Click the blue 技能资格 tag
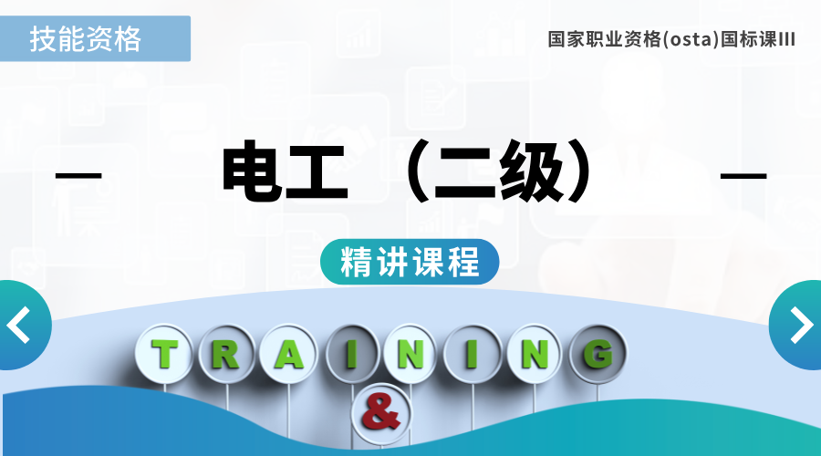95,38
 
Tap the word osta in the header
691,40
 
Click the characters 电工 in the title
285,171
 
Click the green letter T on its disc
164,354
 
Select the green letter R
225,354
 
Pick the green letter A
288,355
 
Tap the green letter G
598,354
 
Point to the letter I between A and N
351,354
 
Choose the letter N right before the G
535,355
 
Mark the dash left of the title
78,175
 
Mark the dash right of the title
743,175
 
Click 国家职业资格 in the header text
605,40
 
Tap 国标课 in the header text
749,40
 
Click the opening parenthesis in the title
416,171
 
